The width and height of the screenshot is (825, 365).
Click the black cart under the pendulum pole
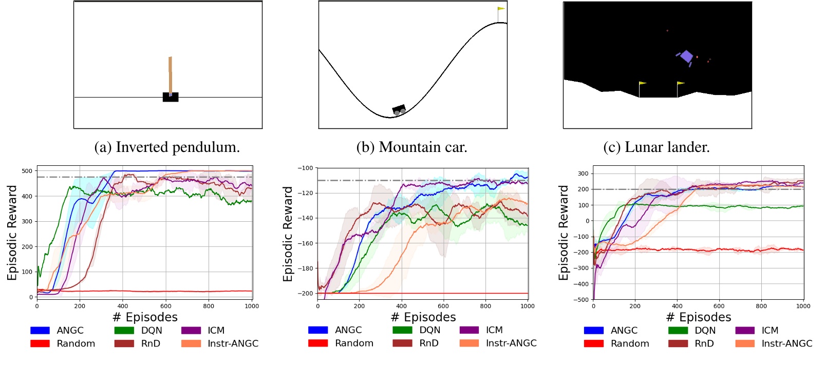(x=171, y=97)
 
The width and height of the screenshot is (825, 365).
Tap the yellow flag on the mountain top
(x=501, y=9)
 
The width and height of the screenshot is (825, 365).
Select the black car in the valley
(x=399, y=109)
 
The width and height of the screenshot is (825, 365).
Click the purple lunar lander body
(x=686, y=56)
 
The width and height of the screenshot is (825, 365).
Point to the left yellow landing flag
(x=642, y=83)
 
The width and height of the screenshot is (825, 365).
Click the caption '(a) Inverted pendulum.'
(x=167, y=147)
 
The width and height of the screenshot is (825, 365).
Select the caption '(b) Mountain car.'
(x=411, y=147)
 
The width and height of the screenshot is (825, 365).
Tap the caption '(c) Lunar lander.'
(x=656, y=147)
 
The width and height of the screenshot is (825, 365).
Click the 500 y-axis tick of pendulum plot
(x=27, y=171)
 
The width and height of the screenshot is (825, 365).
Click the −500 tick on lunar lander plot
(x=582, y=300)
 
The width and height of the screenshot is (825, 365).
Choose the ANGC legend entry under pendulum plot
(x=57, y=331)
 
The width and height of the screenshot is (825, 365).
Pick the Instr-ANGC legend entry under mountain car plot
(x=498, y=343)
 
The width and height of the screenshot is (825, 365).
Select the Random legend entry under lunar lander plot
(x=616, y=343)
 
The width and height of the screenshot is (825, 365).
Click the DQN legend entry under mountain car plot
(x=416, y=330)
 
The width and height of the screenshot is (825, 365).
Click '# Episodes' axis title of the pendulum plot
(x=145, y=317)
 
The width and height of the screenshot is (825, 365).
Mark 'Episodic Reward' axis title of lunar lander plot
(x=564, y=233)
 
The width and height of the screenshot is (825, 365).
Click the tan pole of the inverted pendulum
(x=170, y=75)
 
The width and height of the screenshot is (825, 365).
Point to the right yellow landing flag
(x=680, y=83)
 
